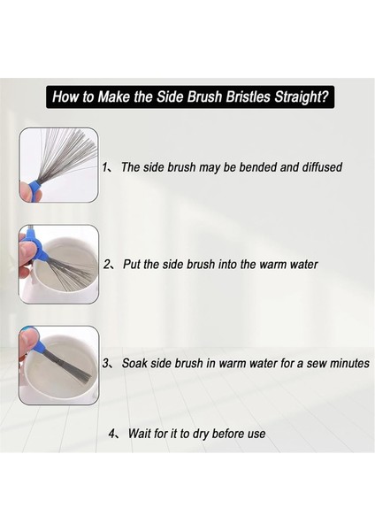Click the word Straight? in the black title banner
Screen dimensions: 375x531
302,96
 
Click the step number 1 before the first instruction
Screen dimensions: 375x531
104,167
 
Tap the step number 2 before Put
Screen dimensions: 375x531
107,265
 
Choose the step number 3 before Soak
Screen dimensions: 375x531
106,364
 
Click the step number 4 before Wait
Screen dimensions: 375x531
112,434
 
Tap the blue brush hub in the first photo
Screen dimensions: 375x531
34,187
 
